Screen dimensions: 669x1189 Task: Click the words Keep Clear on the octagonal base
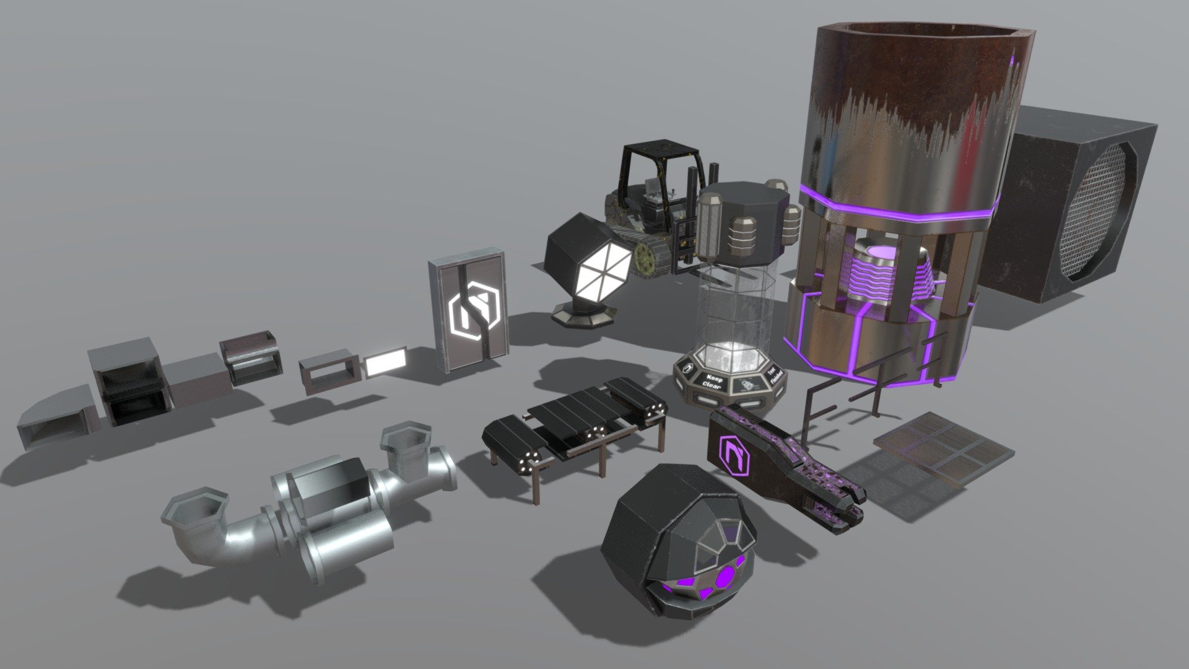click(713, 379)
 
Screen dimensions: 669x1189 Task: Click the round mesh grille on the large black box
click(1099, 211)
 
